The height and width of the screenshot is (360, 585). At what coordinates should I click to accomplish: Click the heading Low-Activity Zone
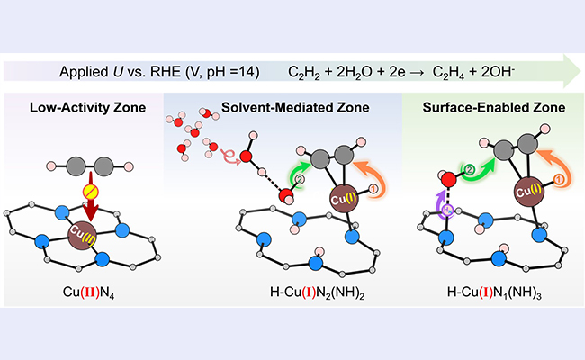coord(83,108)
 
